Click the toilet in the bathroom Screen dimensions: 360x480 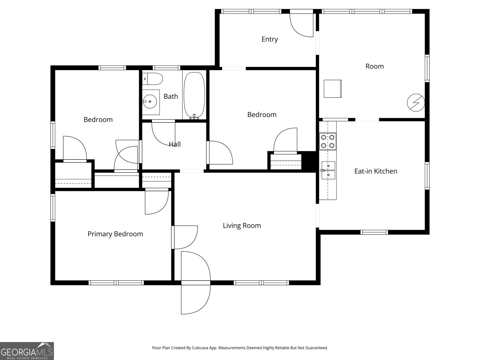153,79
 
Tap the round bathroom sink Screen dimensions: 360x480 150,102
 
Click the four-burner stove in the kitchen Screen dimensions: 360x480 328,142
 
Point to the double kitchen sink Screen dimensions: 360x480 328,170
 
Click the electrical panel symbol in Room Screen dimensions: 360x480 416,103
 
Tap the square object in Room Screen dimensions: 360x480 332,88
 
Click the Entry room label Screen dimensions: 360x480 269,39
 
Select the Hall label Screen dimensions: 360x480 175,144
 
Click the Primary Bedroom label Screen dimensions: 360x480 115,234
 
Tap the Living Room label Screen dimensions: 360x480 242,226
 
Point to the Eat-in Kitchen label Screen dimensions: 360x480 376,171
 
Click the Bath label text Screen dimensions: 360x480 171,97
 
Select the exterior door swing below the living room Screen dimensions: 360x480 195,298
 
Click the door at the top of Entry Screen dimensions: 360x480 301,24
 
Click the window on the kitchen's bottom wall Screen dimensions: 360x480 374,232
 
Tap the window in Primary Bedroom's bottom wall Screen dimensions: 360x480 116,283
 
